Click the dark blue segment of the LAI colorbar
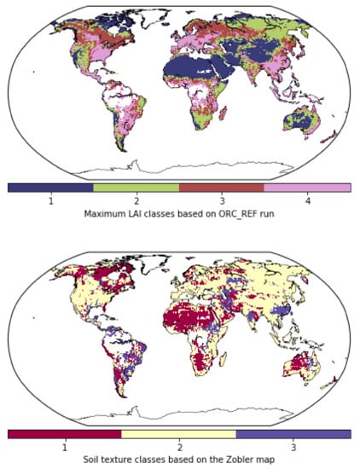[50, 187]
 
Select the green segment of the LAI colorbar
[136, 187]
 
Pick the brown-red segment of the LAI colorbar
[222, 187]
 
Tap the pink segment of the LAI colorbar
[307, 187]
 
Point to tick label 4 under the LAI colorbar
[308, 200]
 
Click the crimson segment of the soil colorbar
[65, 434]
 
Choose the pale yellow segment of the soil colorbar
[179, 434]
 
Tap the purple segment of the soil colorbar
[293, 434]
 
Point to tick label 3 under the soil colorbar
[293, 448]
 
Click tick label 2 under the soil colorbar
[179, 448]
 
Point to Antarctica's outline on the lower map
[171, 414]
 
